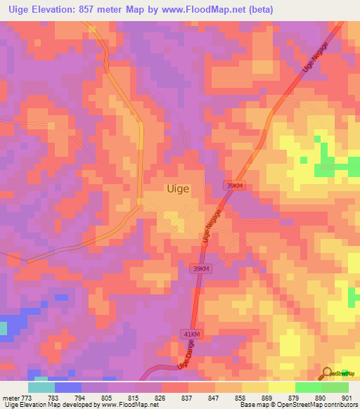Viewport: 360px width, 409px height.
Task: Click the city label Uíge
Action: [x=178, y=188]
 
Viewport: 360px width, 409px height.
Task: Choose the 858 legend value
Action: [x=240, y=397]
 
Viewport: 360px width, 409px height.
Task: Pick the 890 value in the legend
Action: [x=321, y=397]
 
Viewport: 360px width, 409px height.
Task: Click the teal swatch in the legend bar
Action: [x=41, y=387]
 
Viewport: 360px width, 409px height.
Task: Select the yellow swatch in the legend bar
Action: [x=281, y=387]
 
